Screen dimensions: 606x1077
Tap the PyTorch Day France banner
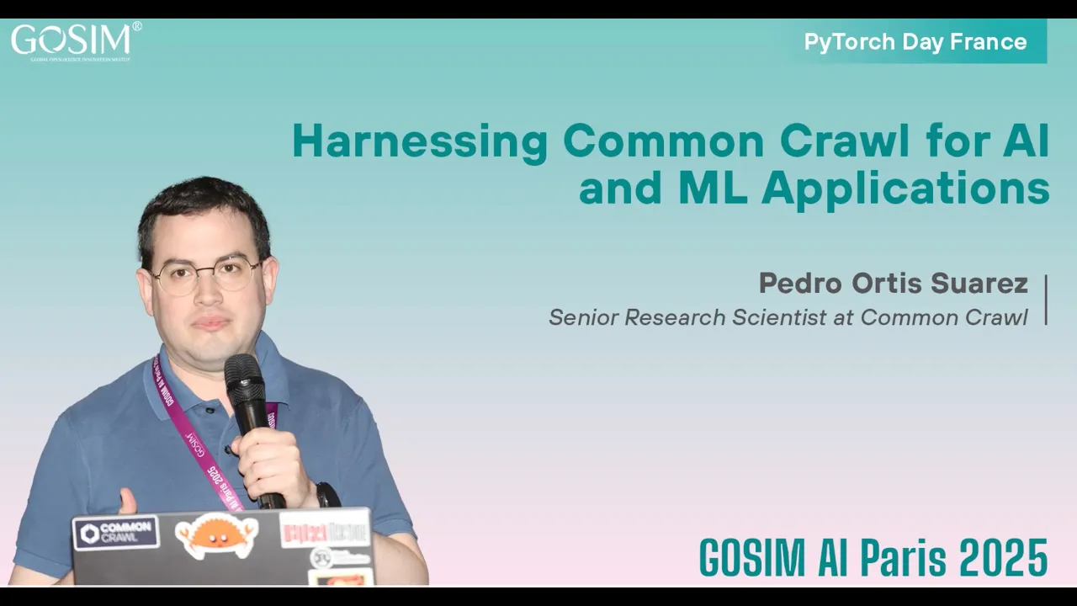(915, 42)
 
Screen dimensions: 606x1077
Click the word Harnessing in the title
(419, 141)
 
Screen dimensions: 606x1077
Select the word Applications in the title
(905, 189)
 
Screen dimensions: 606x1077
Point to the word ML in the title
(711, 189)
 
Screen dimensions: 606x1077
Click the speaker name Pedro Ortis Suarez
(893, 284)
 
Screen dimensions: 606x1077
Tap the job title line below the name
(788, 317)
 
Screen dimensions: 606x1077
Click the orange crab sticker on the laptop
(216, 535)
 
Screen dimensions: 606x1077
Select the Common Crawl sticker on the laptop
(116, 533)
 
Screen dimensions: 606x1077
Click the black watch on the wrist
(326, 494)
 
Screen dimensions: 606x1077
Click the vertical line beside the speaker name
(1046, 300)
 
